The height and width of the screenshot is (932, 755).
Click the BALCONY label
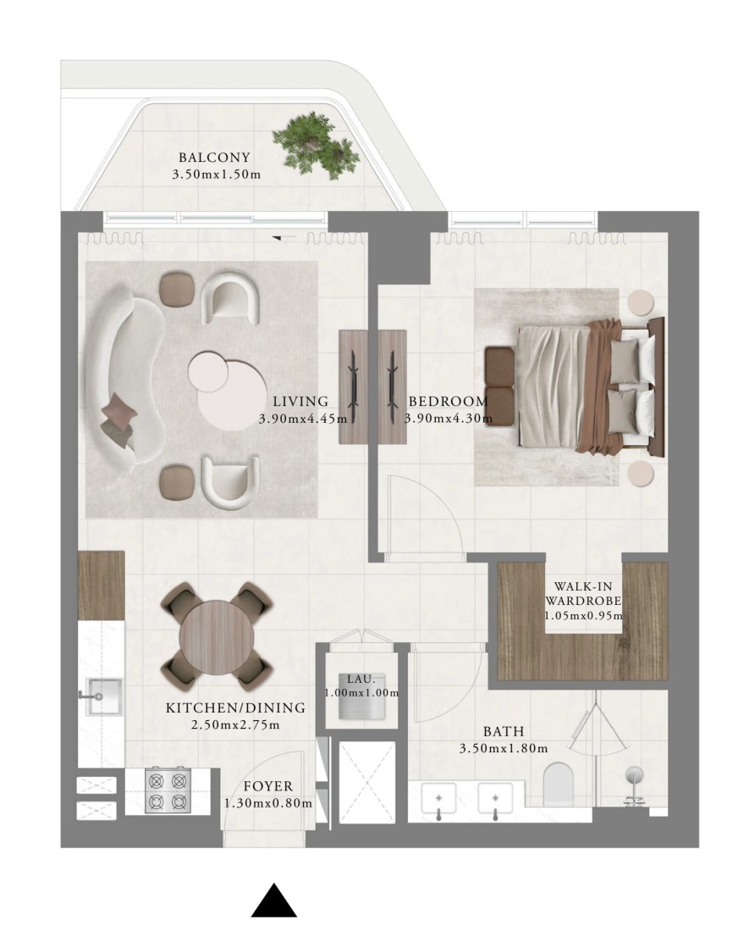pos(214,158)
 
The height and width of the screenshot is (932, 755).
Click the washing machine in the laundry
pos(361,696)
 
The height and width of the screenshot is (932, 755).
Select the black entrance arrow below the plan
pos(273,901)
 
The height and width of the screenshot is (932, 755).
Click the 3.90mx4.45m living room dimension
pos(303,419)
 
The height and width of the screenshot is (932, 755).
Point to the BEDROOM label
pos(448,402)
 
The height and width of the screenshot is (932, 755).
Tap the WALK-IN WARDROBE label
pos(583,593)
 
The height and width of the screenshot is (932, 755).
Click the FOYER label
pos(268,786)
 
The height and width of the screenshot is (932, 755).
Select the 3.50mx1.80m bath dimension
pos(504,748)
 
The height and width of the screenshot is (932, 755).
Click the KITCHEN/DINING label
pos(235,708)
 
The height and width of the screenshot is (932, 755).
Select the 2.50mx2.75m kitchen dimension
pos(235,724)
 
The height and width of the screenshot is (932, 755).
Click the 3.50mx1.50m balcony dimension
pos(216,175)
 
